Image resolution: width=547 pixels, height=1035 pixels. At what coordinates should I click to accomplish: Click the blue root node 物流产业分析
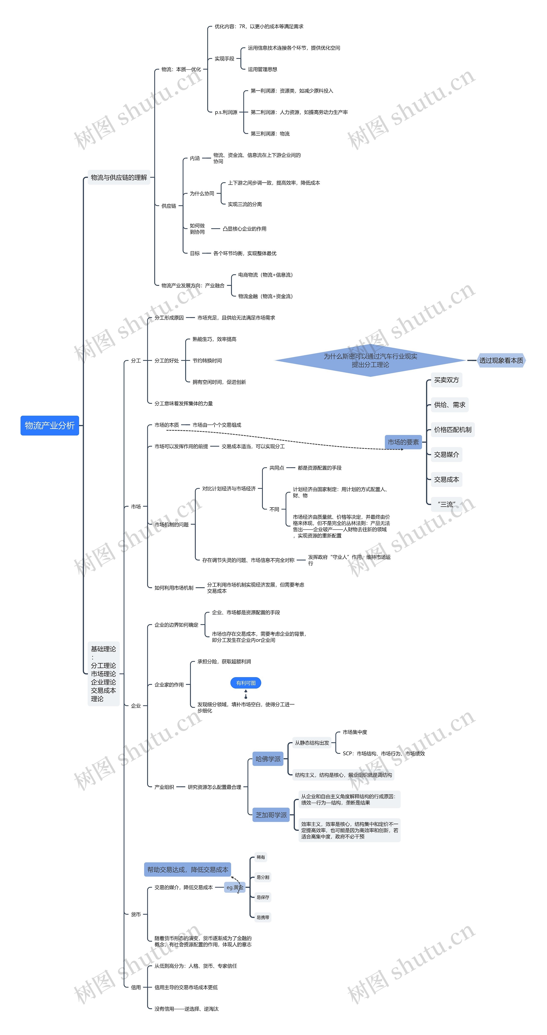(49, 426)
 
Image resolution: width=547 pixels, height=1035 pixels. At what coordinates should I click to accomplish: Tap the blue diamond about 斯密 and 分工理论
(370, 360)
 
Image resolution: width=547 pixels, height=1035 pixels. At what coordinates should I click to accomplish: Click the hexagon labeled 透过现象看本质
(501, 360)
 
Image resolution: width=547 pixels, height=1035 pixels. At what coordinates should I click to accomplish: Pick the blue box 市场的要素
(403, 442)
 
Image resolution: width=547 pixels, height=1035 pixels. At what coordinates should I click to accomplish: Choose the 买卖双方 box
(446, 380)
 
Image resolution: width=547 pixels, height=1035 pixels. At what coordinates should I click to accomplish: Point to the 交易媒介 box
(446, 454)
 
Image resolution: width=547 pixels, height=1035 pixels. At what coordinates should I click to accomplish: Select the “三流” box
(446, 504)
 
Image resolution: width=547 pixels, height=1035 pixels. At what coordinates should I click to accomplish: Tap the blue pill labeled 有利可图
(246, 683)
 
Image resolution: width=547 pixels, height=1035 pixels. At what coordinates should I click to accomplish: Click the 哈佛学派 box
(268, 759)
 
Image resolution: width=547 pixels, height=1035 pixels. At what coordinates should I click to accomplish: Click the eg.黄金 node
(235, 887)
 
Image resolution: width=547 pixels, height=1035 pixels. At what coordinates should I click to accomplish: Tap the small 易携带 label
(263, 917)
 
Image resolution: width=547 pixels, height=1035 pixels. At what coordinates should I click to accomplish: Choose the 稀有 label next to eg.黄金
(261, 857)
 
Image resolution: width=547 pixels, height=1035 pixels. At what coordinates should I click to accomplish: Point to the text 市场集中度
(355, 732)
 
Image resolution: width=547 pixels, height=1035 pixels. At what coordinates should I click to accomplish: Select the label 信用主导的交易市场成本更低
(186, 987)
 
